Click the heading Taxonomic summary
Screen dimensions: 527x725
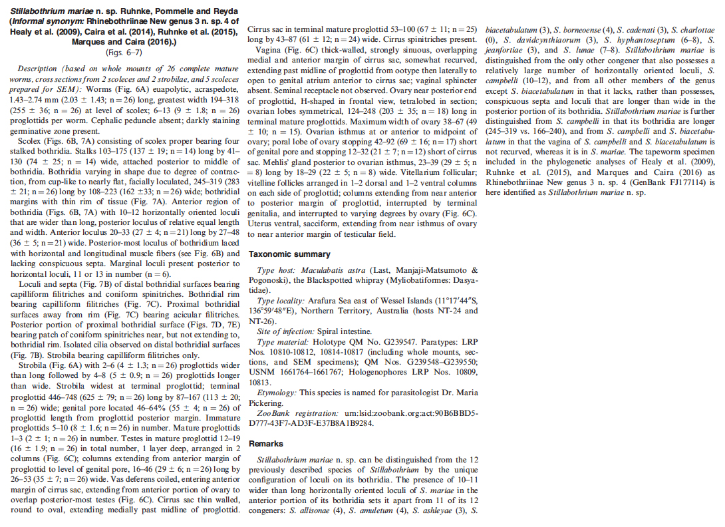pyautogui.click(x=289, y=254)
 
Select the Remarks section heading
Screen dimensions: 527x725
pyautogui.click(x=266, y=444)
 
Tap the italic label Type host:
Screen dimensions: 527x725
pyautogui.click(x=275, y=270)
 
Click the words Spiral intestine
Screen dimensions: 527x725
pyautogui.click(x=347, y=331)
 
